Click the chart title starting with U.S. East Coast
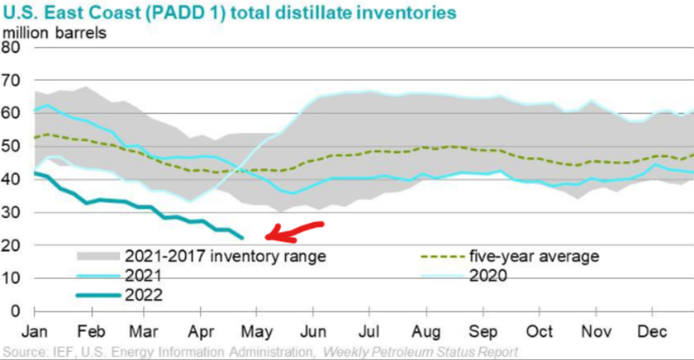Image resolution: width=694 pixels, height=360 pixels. pyautogui.click(x=231, y=13)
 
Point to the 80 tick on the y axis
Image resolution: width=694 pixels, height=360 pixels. pyautogui.click(x=12, y=47)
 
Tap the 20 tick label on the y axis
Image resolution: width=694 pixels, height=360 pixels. pyautogui.click(x=12, y=245)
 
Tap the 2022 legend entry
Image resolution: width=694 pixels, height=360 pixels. pyautogui.click(x=144, y=294)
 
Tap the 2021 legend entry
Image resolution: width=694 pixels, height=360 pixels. pyautogui.click(x=144, y=275)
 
